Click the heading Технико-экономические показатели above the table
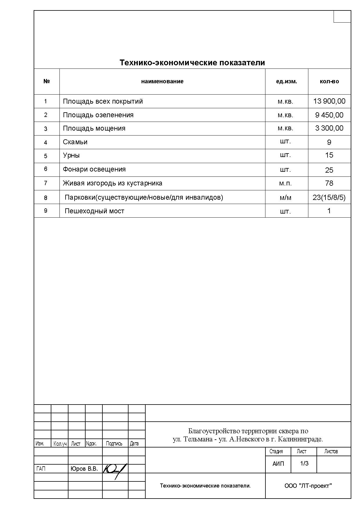coord(192,63)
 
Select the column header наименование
coord(162,82)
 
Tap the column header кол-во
coord(329,82)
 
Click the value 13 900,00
coord(329,101)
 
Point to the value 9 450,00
coord(329,115)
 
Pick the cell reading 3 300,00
coord(329,128)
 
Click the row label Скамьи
coord(75,142)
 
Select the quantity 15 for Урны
coord(329,155)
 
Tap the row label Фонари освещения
coord(94,169)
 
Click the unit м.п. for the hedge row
coord(285,183)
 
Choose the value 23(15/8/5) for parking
coord(329,198)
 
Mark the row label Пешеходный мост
coord(94,211)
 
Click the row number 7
coord(46,183)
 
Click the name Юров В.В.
coord(84,469)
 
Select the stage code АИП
coord(278,464)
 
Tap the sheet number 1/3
coord(304,463)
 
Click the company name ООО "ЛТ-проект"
coord(308,486)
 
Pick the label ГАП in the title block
coord(41,469)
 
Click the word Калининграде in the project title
coord(300,439)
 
